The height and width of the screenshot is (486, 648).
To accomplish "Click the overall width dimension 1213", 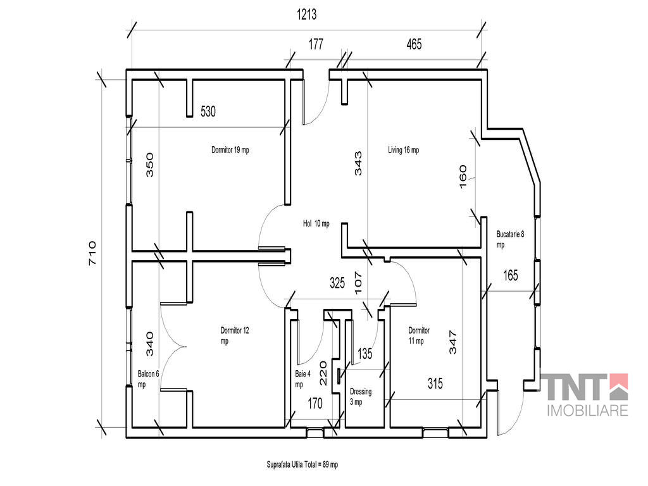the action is click(x=307, y=15).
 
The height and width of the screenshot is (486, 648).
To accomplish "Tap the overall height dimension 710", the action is click(x=92, y=253).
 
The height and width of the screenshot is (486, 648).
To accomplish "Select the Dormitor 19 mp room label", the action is click(x=230, y=150).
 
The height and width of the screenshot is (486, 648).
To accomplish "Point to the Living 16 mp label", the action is click(x=403, y=150).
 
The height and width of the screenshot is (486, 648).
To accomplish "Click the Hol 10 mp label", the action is click(x=316, y=223).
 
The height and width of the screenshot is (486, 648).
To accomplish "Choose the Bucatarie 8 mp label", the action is click(x=511, y=239).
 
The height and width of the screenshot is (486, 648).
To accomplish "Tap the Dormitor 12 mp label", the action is click(x=235, y=335).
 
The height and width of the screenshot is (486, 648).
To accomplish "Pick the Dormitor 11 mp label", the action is click(x=419, y=335).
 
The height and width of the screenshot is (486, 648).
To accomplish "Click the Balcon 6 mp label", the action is click(x=148, y=379).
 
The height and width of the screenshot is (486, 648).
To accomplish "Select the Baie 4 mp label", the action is click(x=302, y=379).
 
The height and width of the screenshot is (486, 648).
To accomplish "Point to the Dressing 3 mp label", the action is click(x=360, y=396).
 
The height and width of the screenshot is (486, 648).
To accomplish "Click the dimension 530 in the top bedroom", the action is click(x=208, y=111).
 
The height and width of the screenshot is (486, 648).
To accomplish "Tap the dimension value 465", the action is click(x=414, y=44).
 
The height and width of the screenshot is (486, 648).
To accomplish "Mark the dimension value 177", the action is click(x=316, y=44).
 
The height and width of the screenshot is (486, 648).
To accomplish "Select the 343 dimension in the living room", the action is click(x=358, y=164).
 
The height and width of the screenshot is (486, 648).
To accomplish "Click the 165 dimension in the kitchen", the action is click(x=511, y=275).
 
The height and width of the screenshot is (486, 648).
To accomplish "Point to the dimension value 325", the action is click(x=337, y=283).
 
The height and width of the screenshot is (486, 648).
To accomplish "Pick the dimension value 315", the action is click(x=435, y=383).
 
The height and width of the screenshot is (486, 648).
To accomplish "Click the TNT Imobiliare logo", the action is click(x=584, y=395).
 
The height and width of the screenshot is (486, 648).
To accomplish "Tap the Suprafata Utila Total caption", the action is click(x=302, y=464).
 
